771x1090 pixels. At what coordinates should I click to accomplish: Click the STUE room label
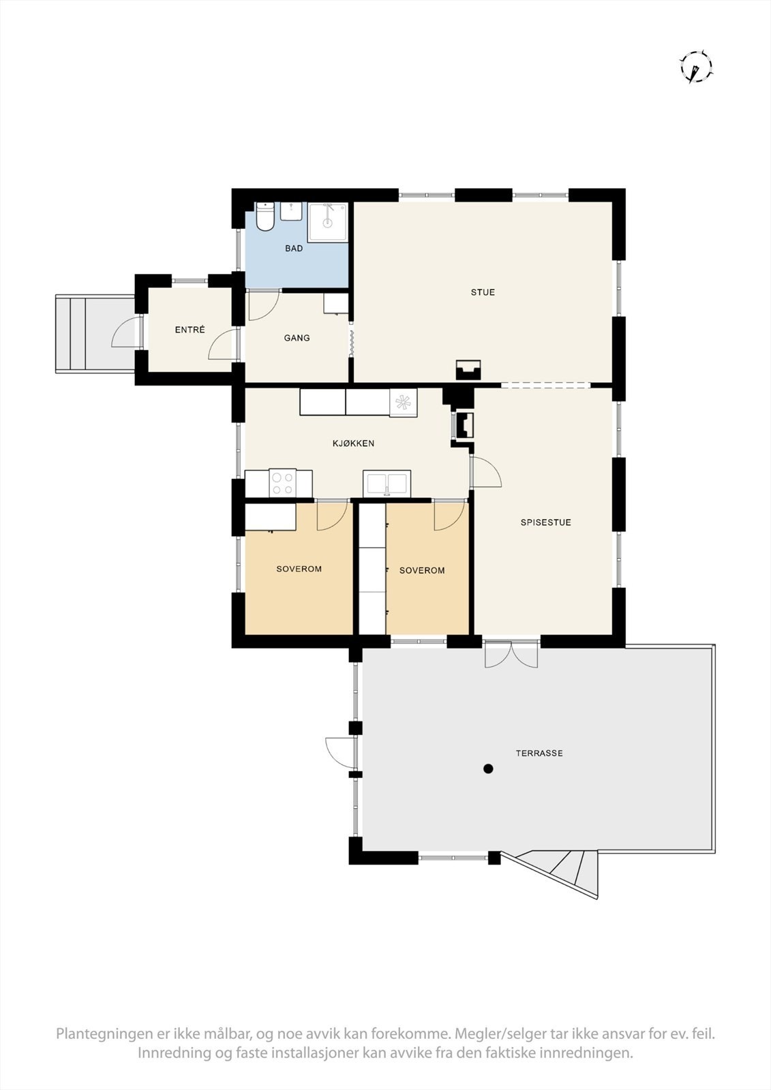483,292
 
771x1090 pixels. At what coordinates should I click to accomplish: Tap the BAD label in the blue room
294,249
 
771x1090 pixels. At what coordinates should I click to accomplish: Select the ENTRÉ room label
190,330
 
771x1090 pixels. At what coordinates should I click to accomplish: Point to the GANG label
297,338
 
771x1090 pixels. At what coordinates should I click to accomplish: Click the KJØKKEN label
353,443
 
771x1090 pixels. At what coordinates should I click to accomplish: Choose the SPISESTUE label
545,523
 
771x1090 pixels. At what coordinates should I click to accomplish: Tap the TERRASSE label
539,753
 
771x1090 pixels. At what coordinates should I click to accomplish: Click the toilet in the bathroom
264,217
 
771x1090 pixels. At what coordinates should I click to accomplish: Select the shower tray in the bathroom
328,221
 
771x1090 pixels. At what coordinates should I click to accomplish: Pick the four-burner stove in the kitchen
282,483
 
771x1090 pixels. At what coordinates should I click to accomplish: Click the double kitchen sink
387,483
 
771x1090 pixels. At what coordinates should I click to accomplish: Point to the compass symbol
695,67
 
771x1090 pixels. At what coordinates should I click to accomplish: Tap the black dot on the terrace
488,769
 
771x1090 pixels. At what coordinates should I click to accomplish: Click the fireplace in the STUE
468,370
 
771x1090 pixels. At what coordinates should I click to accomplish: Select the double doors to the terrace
511,654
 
